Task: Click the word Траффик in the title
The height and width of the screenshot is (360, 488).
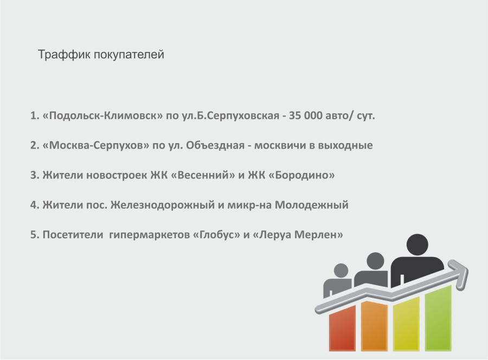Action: coord(64,55)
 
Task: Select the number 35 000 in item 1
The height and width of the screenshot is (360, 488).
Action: coord(306,115)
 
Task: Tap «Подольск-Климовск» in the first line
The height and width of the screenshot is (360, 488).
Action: coord(102,115)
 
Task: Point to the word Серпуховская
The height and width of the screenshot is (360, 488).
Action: coord(243,116)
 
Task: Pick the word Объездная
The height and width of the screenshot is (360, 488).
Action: coord(215,145)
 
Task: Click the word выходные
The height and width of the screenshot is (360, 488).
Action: coord(345,145)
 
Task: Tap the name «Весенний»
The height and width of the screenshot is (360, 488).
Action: coord(203,175)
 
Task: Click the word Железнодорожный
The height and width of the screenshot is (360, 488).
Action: coord(163,205)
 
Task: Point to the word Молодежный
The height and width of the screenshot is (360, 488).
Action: coord(312,205)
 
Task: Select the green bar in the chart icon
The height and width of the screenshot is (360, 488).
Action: coord(438,318)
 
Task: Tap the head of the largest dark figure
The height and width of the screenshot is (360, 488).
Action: coord(418,245)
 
